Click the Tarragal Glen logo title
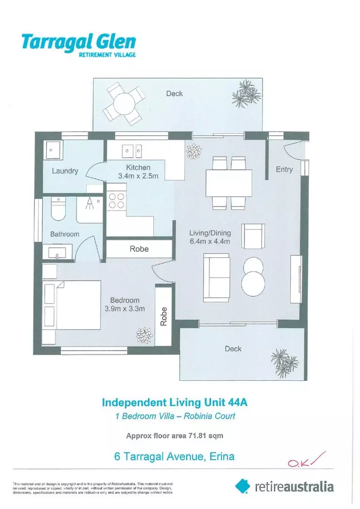tap(78, 42)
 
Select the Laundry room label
tap(65, 171)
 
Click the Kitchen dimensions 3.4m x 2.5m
tap(138, 176)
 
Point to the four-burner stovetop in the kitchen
tap(116, 201)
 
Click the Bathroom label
tap(65, 234)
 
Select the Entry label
tap(284, 170)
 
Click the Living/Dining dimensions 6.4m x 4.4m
tap(209, 242)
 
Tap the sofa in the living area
tap(216, 277)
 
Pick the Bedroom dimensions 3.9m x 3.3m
tap(124, 309)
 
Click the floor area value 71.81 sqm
tap(205, 436)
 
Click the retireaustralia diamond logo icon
tap(242, 486)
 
